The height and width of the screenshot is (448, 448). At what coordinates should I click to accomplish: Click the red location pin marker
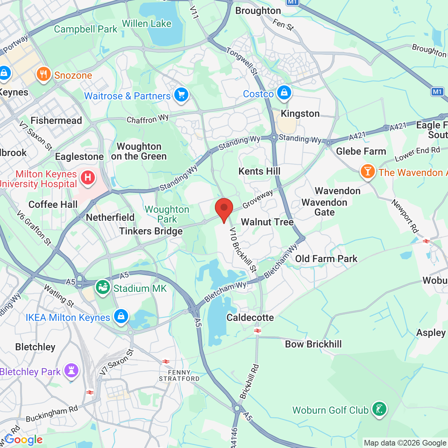tap(224, 209)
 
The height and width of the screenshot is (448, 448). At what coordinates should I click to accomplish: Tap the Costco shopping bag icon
tap(284, 93)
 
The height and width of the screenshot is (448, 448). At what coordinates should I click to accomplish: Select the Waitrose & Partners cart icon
tap(181, 94)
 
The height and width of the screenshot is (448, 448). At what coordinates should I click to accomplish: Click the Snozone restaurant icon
tap(44, 74)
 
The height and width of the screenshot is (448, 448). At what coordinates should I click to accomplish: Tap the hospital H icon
tap(88, 178)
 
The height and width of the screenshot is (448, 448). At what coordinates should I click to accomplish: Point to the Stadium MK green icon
tap(103, 287)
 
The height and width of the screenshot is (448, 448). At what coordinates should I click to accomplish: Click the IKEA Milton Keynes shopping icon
tap(121, 316)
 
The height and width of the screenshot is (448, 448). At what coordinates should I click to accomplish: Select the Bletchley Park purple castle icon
tap(71, 370)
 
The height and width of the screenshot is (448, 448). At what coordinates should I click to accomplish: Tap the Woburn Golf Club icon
tap(379, 409)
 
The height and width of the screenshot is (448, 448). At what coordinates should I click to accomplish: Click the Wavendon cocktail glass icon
tap(368, 171)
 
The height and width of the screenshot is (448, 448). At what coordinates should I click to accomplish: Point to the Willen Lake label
tap(147, 24)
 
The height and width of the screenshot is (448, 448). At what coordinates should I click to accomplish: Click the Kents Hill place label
tap(259, 171)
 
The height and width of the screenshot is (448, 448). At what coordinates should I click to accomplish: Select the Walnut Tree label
tap(267, 222)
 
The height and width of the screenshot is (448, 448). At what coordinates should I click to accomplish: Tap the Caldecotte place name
tap(250, 317)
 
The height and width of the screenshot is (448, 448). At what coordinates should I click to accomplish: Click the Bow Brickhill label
tap(313, 344)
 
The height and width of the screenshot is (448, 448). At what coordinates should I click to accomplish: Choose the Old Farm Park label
tap(326, 259)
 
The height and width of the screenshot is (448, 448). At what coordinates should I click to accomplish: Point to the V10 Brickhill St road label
tap(243, 250)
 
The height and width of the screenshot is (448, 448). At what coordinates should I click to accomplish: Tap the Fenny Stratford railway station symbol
tap(166, 362)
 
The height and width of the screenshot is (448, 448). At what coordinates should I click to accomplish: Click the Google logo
tap(24, 440)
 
